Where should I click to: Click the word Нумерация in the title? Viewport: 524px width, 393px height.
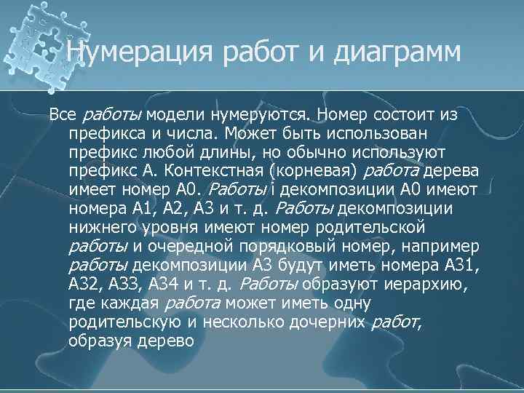click(x=125, y=52)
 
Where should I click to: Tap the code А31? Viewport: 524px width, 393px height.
click(x=452, y=266)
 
